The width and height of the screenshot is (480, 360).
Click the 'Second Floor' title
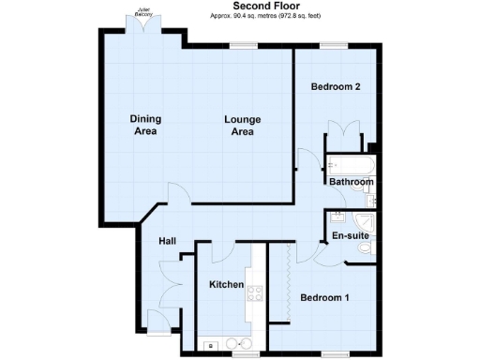246,7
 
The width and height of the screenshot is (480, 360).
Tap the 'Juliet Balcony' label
143,12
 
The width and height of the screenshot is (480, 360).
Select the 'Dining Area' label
144,125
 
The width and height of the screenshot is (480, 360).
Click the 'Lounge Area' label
242,125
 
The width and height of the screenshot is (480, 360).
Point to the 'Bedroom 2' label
337,86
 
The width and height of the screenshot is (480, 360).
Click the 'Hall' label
167,241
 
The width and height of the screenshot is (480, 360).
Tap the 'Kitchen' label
226,284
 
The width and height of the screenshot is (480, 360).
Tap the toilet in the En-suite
369,247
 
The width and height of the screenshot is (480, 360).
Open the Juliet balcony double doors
144,25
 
